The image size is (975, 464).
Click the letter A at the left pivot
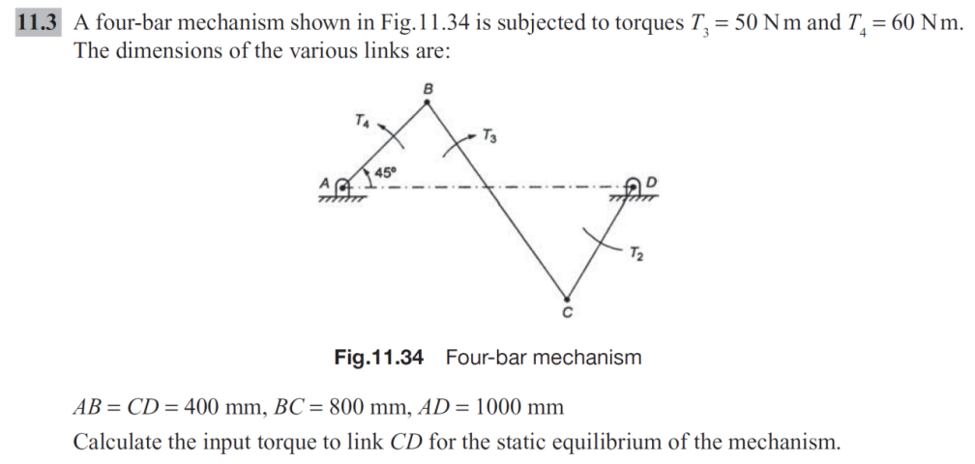[x=325, y=184]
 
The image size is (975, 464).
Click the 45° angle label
[x=386, y=171]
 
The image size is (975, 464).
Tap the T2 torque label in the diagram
[x=635, y=254]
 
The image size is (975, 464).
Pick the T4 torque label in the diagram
[x=361, y=121]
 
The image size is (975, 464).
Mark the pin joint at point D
[x=634, y=188]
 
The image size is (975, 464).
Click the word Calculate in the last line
[x=117, y=443]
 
